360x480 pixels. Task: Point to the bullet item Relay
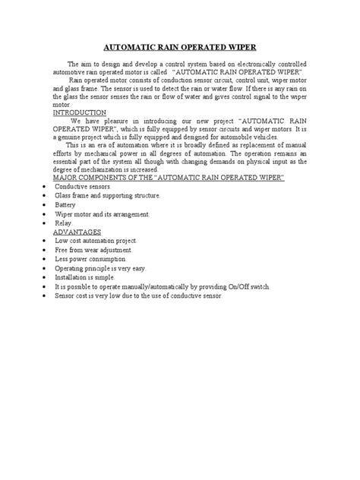point(64,223)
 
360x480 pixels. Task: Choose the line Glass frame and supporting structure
point(108,196)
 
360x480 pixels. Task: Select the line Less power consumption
point(93,259)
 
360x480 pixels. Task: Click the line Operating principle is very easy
point(100,269)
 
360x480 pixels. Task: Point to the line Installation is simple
point(89,278)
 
